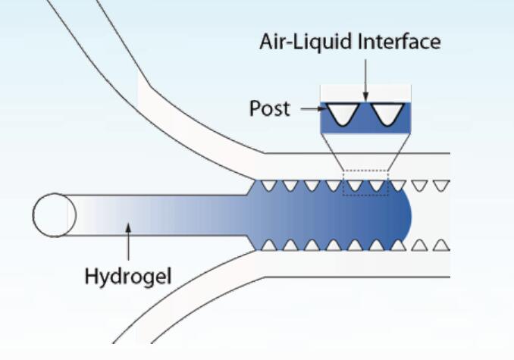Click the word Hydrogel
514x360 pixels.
click(127, 275)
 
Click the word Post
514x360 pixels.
click(269, 109)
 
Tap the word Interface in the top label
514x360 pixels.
click(400, 42)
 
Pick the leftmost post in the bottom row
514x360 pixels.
click(267, 244)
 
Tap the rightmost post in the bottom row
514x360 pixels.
click(444, 244)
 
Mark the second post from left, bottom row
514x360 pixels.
click(289, 244)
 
